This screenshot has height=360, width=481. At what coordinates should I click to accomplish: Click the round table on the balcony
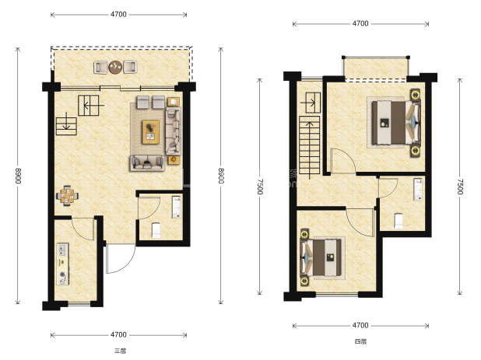point(115,67)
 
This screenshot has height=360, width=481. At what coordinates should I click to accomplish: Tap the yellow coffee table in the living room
point(151,132)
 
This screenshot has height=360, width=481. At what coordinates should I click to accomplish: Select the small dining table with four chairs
point(67,195)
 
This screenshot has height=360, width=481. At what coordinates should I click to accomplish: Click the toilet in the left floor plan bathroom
point(156,230)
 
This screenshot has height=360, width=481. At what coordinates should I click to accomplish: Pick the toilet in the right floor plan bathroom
point(398,221)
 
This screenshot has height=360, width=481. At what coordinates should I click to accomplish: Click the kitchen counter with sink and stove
point(62,264)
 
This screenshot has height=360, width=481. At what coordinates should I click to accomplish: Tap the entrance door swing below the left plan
point(120,259)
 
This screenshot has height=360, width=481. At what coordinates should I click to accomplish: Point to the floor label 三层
point(120,351)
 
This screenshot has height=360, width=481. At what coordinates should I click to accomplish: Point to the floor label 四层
point(360,341)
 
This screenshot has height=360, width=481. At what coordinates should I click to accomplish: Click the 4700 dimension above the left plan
point(118,15)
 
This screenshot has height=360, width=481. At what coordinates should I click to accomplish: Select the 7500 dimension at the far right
point(459,187)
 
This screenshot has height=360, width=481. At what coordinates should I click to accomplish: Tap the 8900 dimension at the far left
point(18,176)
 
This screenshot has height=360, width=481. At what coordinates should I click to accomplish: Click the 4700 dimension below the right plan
point(360,325)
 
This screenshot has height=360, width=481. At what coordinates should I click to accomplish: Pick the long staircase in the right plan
point(310,145)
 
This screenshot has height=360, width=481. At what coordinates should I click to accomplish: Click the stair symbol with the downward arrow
point(66,126)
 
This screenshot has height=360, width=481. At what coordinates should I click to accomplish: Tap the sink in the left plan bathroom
point(177,207)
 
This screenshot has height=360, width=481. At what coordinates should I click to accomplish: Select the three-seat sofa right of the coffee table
point(174,131)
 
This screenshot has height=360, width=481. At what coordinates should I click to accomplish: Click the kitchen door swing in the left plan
point(83,229)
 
